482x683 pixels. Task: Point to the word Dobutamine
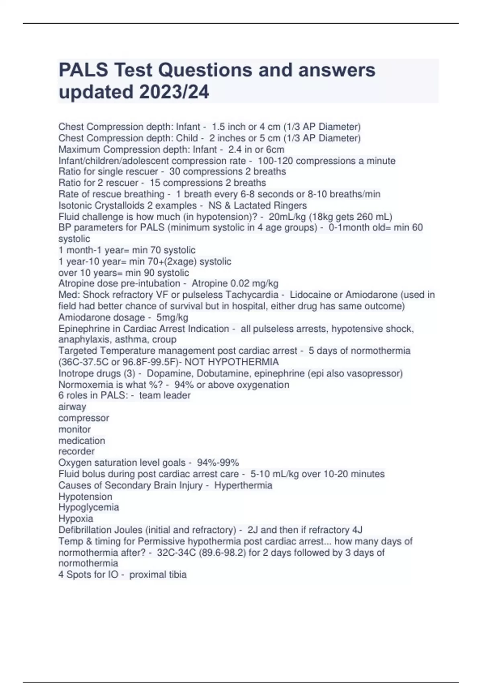pos(225,374)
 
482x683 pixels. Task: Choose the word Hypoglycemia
pos(89,507)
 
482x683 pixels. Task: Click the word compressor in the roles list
pos(84,418)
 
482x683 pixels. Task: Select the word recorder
pos(76,452)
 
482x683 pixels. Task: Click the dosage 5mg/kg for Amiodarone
pos(172,318)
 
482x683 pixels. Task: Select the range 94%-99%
pos(218,463)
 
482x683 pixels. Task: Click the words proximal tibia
pos(158,575)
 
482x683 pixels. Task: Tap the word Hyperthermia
pos(243,485)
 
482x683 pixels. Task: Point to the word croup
pos(164,339)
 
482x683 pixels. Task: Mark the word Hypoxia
pos(76,519)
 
